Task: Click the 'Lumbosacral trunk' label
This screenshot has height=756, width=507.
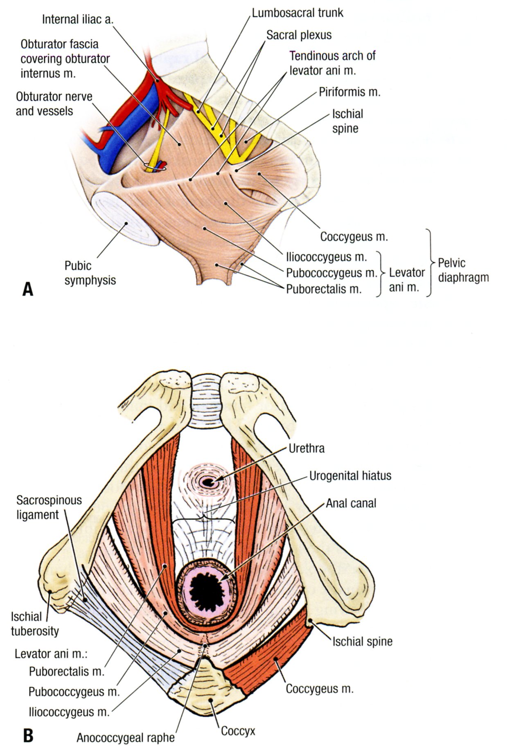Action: pyautogui.click(x=297, y=13)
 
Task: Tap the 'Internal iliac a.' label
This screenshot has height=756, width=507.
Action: pyautogui.click(x=77, y=19)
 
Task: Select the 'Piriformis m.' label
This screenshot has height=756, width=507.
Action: pyautogui.click(x=349, y=92)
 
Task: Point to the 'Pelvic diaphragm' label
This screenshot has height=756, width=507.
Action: pyautogui.click(x=463, y=270)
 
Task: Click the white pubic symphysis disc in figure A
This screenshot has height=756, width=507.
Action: pyautogui.click(x=125, y=218)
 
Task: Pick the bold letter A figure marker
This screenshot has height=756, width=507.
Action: pyautogui.click(x=28, y=289)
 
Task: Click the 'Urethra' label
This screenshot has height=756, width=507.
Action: pyautogui.click(x=306, y=448)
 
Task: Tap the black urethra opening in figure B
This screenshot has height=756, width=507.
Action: pyautogui.click(x=208, y=482)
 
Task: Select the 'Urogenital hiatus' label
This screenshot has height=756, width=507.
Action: pyautogui.click(x=350, y=476)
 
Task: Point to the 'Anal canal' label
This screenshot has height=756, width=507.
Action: pyautogui.click(x=351, y=503)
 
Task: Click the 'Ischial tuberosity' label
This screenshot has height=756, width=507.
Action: pyautogui.click(x=35, y=624)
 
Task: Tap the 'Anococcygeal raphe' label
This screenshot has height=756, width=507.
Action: pyautogui.click(x=126, y=738)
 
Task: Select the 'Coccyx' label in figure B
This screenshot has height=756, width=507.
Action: pyautogui.click(x=238, y=731)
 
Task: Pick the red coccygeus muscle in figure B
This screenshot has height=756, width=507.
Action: pyautogui.click(x=270, y=658)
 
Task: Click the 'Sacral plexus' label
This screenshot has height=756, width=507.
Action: pyautogui.click(x=299, y=35)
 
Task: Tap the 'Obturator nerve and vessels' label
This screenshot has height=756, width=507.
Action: pyautogui.click(x=54, y=104)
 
